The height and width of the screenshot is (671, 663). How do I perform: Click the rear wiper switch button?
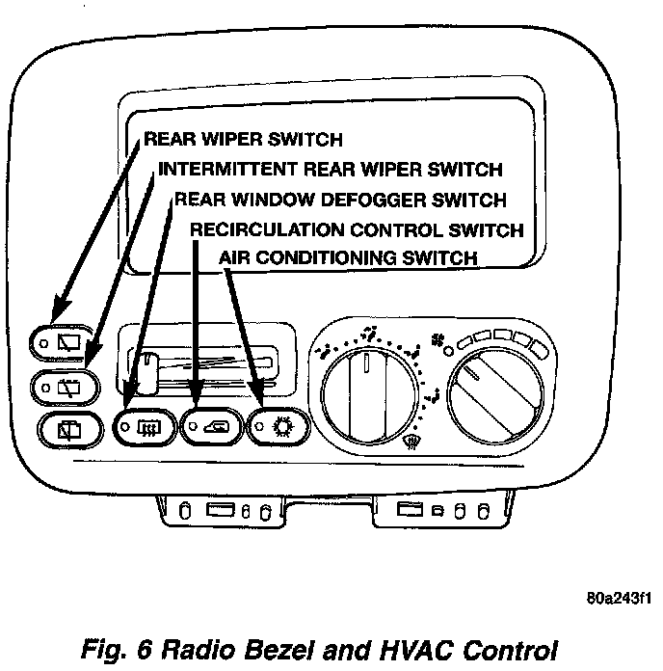tap(65, 341)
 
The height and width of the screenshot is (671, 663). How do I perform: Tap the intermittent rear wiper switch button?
tap(67, 386)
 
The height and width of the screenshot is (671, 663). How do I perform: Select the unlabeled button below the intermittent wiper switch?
tap(69, 430)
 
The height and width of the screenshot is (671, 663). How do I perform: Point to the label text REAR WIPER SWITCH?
tap(243, 140)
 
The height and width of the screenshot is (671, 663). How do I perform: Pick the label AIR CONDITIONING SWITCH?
tap(348, 257)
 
